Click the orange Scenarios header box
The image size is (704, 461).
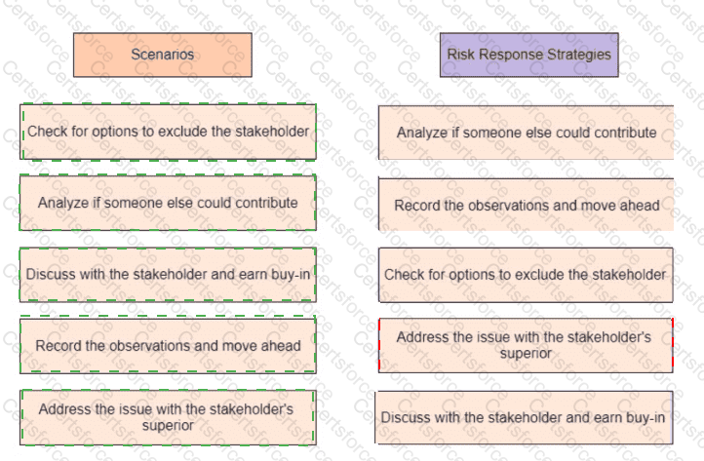point(162,56)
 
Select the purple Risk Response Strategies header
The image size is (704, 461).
point(528,56)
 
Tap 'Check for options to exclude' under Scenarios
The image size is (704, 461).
point(168,131)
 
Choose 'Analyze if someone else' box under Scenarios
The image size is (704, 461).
point(168,203)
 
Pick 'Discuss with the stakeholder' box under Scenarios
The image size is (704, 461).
point(168,274)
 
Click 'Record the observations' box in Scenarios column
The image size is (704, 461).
point(168,345)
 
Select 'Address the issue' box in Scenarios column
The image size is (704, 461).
point(168,417)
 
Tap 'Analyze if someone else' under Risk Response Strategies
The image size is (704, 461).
point(527,133)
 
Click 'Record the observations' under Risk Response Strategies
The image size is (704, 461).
point(527,205)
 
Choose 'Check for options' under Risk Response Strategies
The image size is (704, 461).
point(525,275)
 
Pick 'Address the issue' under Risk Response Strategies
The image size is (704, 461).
point(525,344)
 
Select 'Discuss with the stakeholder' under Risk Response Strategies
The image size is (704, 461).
point(524,417)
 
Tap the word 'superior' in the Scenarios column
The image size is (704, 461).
point(167,425)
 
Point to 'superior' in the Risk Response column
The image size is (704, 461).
point(525,353)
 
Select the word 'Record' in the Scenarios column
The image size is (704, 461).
point(57,345)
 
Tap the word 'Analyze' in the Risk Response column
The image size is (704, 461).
point(422,133)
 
